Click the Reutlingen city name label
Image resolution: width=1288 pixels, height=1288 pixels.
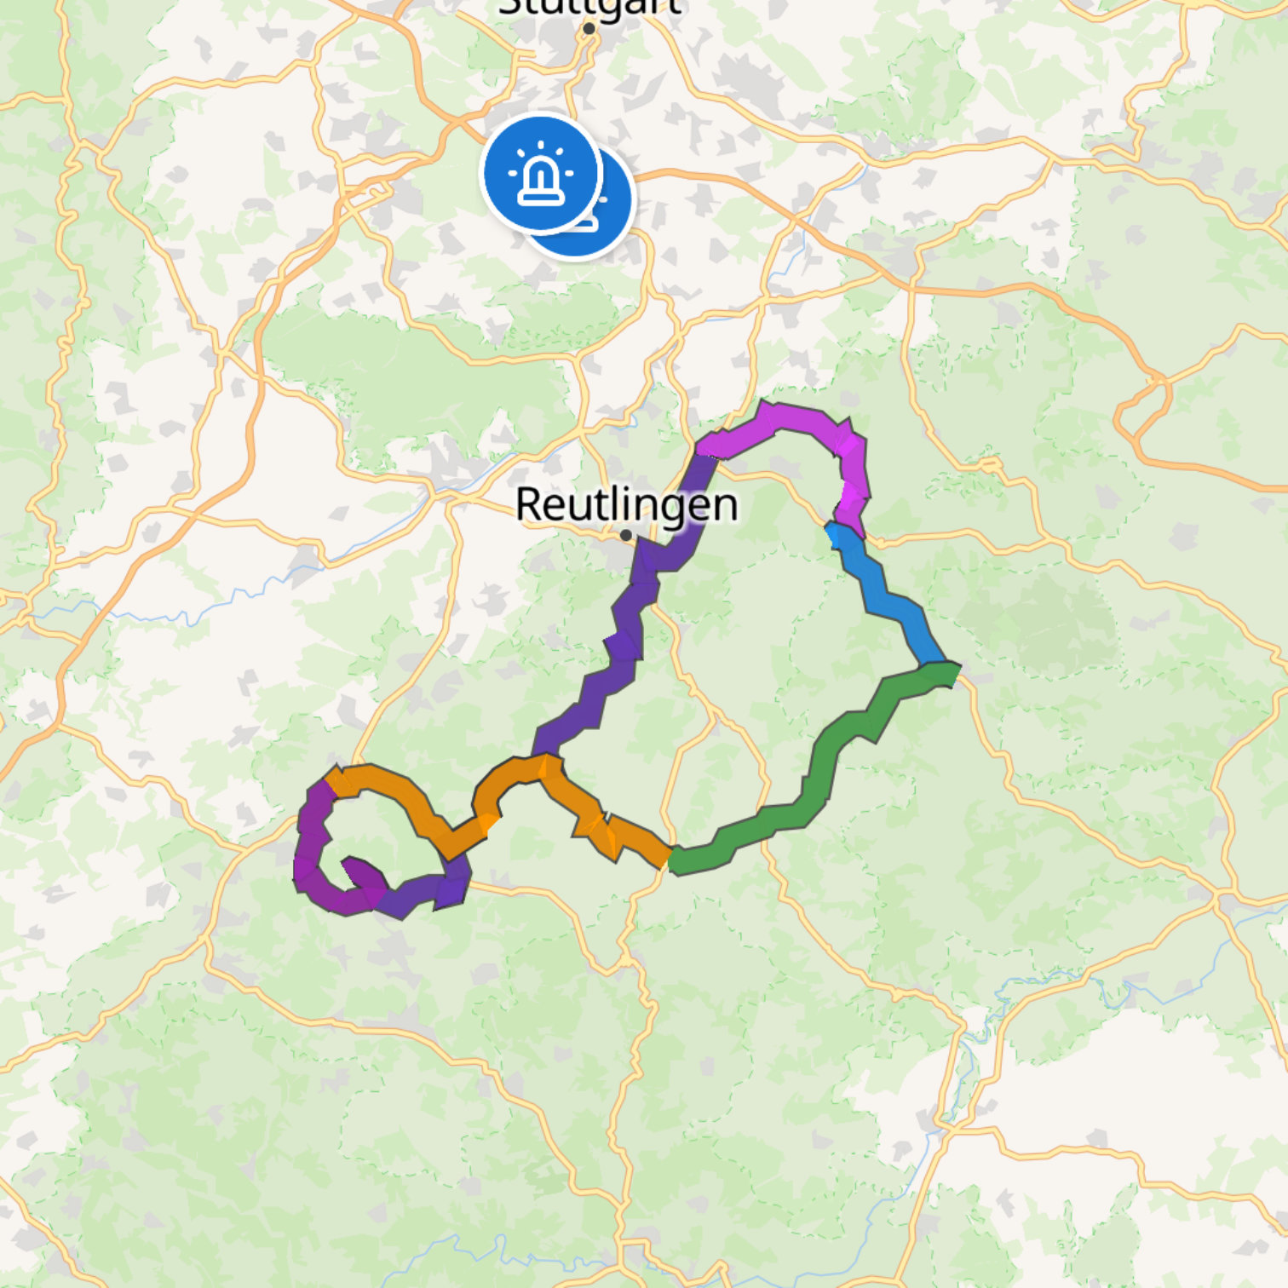point(627,503)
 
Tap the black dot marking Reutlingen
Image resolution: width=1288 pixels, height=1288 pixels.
point(626,535)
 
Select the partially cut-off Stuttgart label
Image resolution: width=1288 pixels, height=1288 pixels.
point(589,8)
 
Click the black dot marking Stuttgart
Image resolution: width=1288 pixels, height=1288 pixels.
point(589,29)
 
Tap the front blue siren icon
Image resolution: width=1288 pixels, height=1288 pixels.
point(541,173)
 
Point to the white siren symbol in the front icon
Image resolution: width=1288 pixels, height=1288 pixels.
point(541,175)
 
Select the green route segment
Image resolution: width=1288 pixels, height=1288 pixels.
point(818,767)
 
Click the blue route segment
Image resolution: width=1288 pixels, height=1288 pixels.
point(886,596)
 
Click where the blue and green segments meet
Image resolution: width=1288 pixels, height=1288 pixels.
point(941,669)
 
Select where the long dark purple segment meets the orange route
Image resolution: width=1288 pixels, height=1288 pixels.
point(545,758)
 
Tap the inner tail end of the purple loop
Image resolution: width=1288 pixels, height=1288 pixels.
point(349,865)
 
